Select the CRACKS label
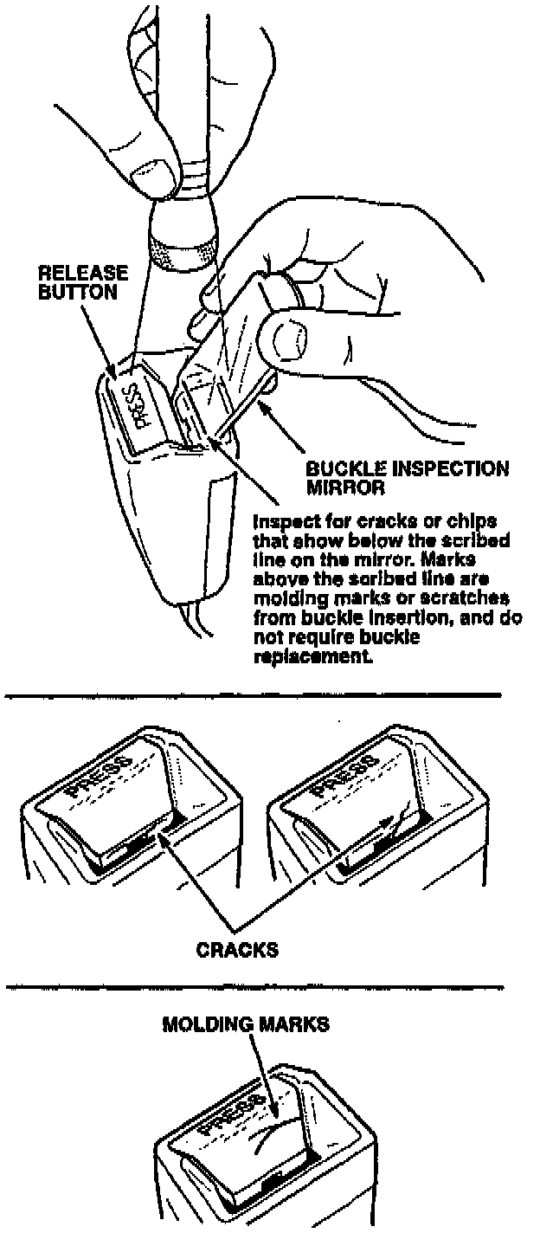pyautogui.click(x=237, y=949)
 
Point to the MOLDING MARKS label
pyautogui.click(x=246, y=1024)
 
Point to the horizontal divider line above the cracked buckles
pyautogui.click(x=251, y=694)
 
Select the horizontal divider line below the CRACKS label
pyautogui.click(x=251, y=987)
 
